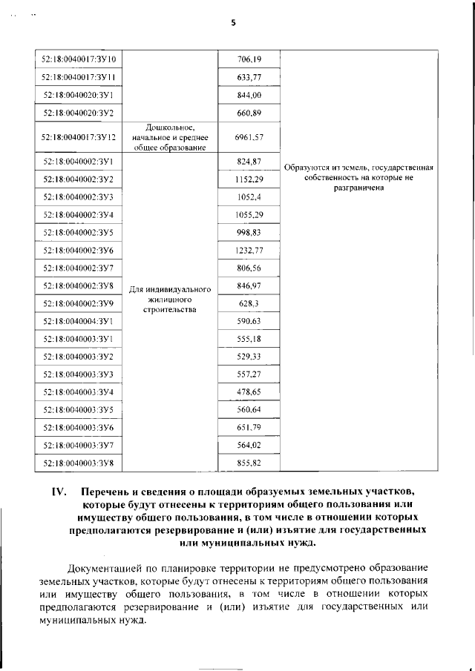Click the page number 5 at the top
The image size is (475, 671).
(x=233, y=23)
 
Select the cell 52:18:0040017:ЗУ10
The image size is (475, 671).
(x=84, y=58)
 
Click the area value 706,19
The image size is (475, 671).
(x=249, y=58)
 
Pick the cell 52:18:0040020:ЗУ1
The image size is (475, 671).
(x=84, y=95)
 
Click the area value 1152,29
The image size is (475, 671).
(x=249, y=179)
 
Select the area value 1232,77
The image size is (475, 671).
(x=249, y=250)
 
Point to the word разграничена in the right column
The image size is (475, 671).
(x=358, y=188)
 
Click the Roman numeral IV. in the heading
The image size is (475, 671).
(x=59, y=492)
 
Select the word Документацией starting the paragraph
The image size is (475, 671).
(x=105, y=568)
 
